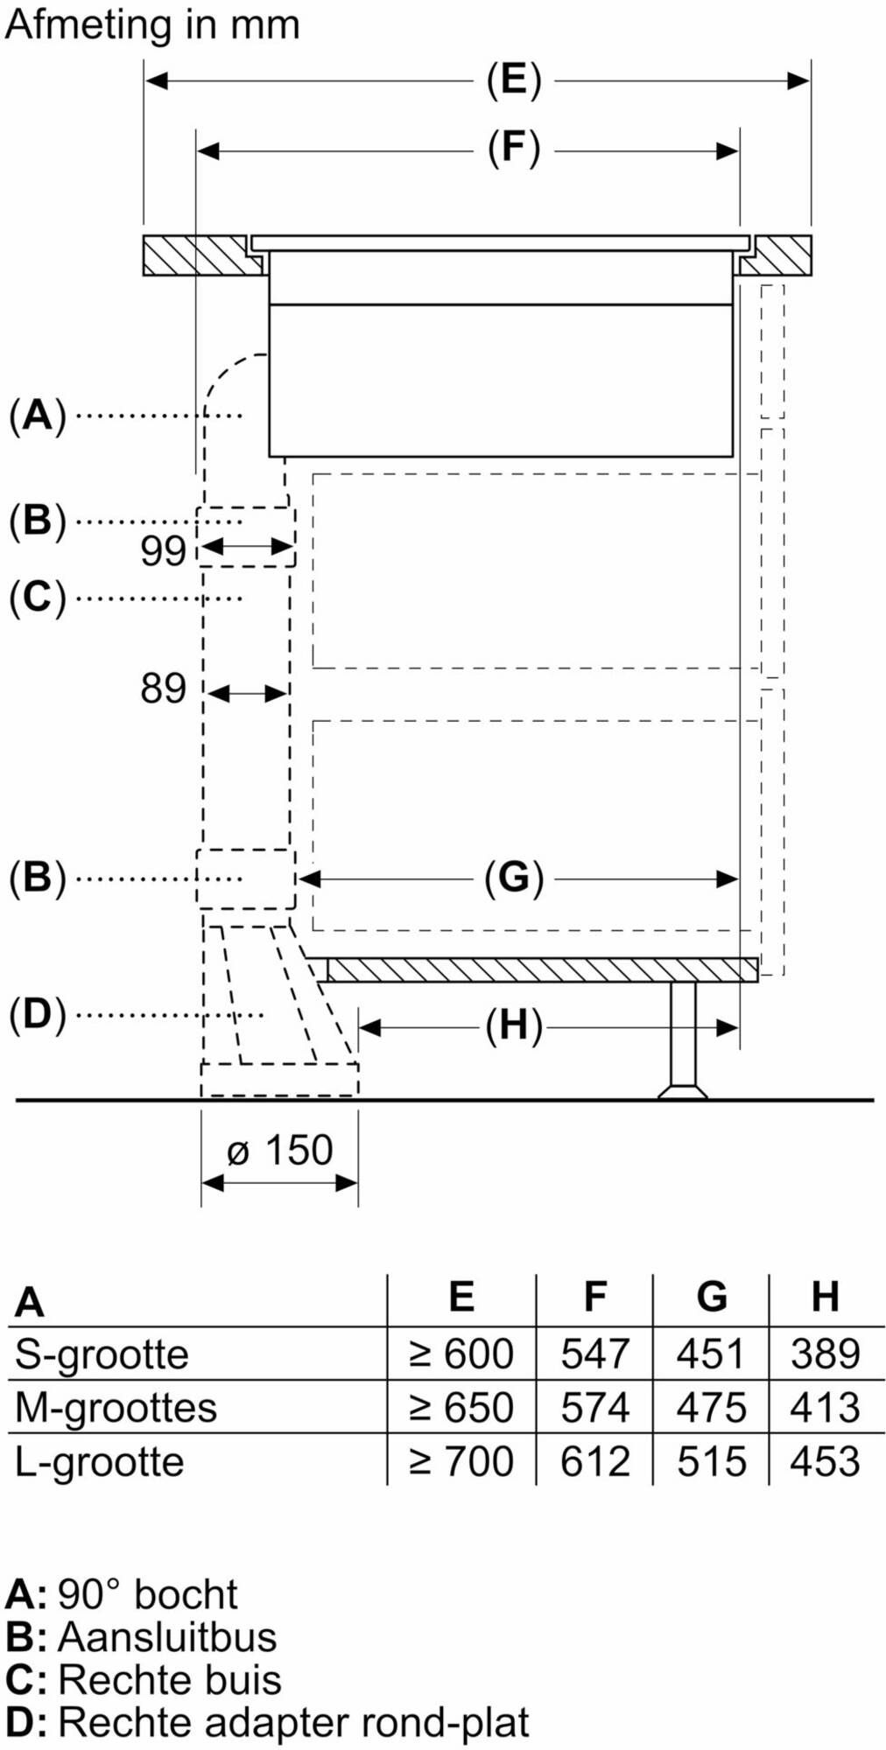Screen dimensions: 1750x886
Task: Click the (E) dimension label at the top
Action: click(513, 80)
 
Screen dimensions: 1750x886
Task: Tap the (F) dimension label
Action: click(513, 149)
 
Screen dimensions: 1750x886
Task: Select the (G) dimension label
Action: click(513, 878)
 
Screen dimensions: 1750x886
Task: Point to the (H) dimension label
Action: click(513, 1025)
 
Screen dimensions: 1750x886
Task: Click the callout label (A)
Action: click(37, 415)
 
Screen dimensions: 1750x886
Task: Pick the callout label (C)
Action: click(37, 598)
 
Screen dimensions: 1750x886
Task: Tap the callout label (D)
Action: click(37, 1015)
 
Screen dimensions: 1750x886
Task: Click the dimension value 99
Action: click(163, 550)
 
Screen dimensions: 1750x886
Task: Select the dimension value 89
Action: click(163, 689)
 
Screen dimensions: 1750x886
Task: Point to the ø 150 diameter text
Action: click(280, 1150)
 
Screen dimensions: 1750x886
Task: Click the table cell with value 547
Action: click(594, 1354)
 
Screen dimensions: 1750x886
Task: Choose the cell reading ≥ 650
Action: click(461, 1408)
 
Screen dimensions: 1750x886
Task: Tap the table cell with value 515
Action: click(711, 1462)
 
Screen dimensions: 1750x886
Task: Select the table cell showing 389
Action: click(825, 1354)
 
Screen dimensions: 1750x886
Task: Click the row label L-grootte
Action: click(99, 1462)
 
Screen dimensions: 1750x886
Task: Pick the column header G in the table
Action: click(711, 1297)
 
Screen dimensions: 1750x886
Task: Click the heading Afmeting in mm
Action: click(152, 24)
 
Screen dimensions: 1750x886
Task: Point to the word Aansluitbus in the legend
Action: click(167, 1637)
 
